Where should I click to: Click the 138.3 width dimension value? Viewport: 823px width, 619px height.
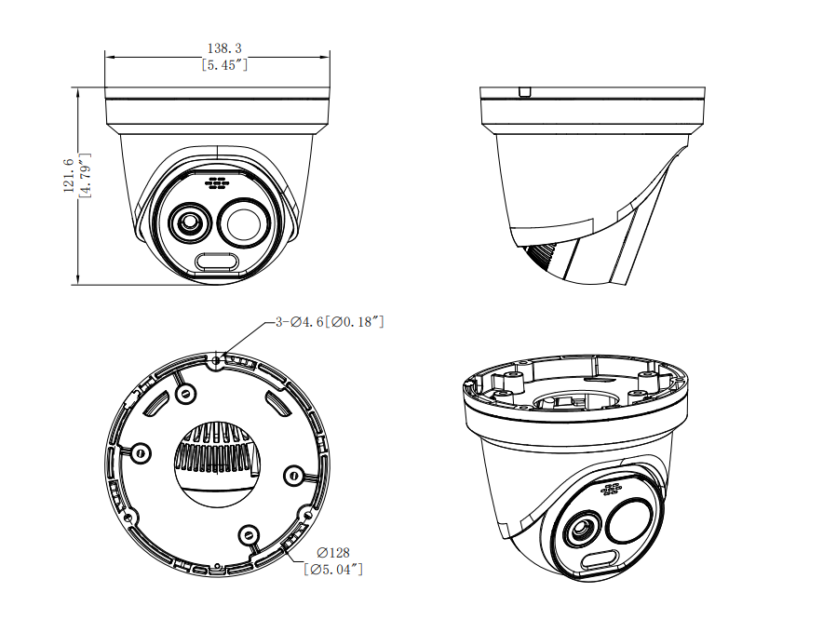(224, 48)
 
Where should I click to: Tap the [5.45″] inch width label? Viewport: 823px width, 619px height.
(224, 65)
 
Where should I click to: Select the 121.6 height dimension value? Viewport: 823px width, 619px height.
(68, 175)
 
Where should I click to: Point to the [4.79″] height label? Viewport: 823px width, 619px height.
(85, 175)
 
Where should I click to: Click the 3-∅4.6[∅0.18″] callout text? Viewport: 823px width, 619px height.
(331, 321)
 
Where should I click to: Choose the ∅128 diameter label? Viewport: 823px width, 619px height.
(333, 552)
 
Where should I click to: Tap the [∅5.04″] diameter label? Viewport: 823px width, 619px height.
(333, 569)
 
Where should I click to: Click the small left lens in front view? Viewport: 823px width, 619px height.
(189, 223)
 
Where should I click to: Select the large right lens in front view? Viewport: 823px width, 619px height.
(245, 223)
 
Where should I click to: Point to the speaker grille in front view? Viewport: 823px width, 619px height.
(217, 183)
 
